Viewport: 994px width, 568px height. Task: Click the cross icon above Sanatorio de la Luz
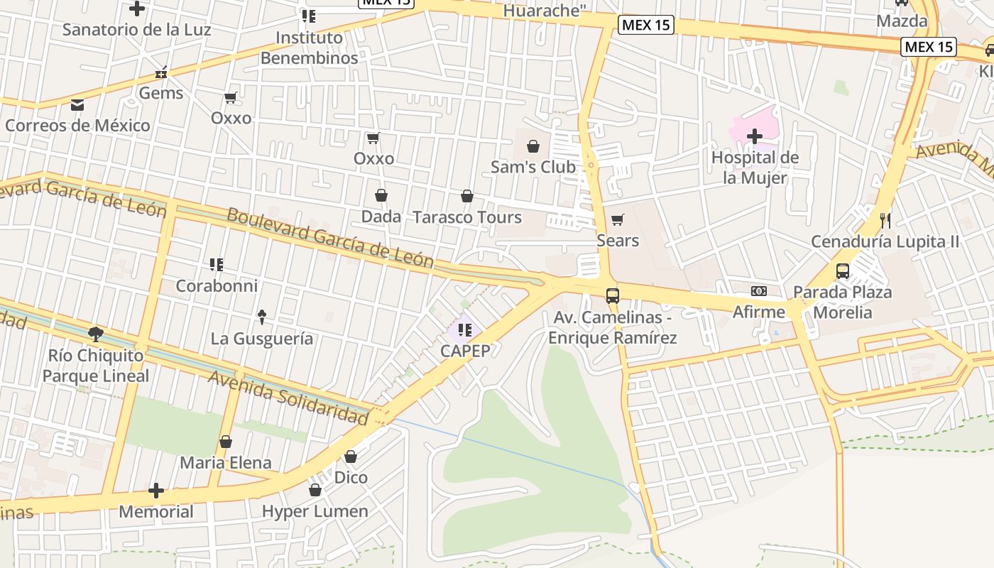tap(137, 9)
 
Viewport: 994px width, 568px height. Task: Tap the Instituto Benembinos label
tap(309, 48)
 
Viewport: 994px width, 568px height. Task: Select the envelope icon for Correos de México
tap(77, 105)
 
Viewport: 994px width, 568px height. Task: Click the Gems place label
tap(160, 93)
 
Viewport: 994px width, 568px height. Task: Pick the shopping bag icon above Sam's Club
tap(533, 146)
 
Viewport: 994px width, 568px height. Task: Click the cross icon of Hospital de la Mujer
tap(755, 136)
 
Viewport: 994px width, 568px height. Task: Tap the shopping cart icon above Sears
tap(618, 219)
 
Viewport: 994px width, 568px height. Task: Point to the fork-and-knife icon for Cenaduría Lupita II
tap(885, 220)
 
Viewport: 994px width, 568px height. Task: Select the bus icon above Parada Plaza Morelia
tap(842, 271)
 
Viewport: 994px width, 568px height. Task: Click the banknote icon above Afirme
tap(759, 291)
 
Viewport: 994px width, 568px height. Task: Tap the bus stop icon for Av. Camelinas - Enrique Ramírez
tap(612, 295)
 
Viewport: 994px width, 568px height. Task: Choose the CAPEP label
tap(465, 351)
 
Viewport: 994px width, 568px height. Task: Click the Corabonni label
tap(217, 285)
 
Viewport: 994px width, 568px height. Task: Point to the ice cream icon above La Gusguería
tap(261, 317)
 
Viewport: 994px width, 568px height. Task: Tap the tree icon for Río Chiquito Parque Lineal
tap(96, 334)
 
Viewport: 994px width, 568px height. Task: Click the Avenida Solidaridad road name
tap(288, 398)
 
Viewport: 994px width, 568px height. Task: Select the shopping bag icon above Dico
tap(351, 456)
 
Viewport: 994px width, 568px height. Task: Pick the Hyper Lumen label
tap(315, 511)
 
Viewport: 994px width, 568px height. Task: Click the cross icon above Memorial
tap(156, 491)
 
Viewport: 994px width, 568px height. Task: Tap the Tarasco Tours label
tap(467, 217)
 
